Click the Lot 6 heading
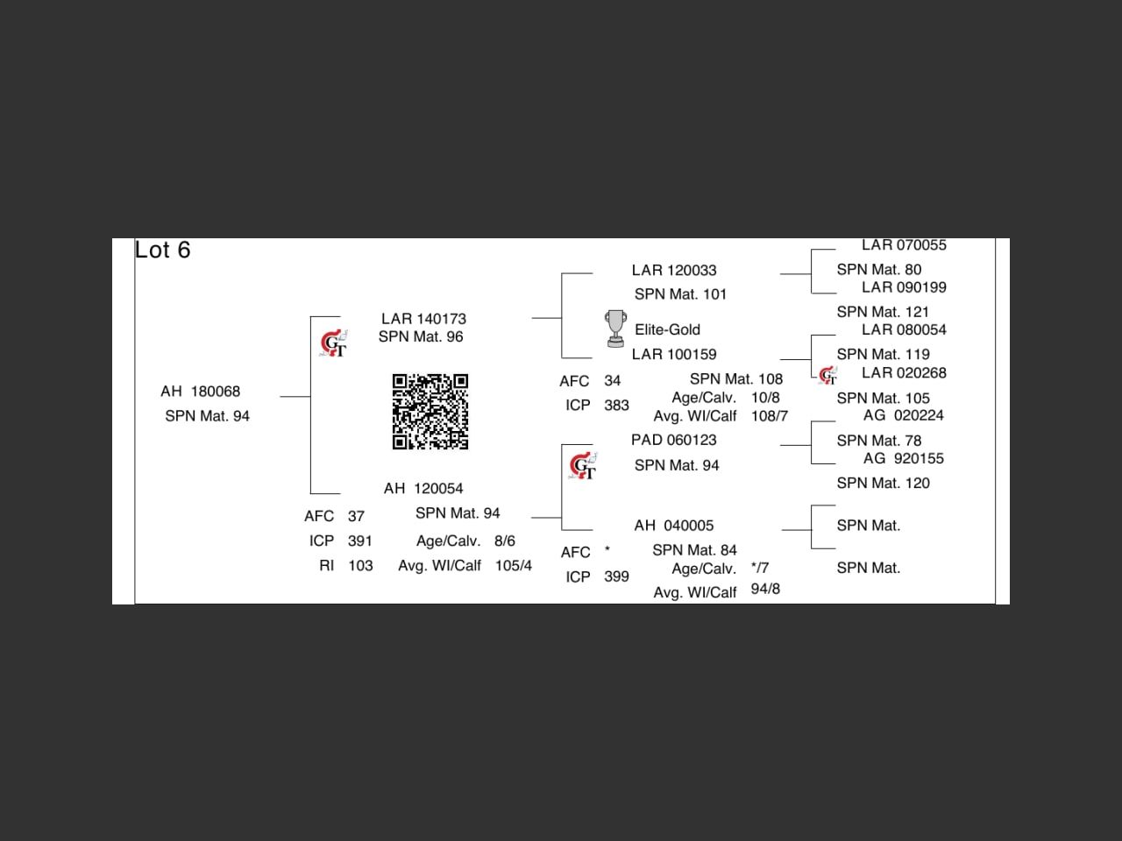(163, 251)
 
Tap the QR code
(430, 411)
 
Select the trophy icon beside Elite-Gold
(616, 329)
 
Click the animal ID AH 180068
(200, 392)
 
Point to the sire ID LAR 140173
(423, 319)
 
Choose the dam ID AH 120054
(423, 489)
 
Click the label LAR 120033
(674, 271)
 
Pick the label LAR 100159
(674, 355)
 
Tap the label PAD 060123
(674, 441)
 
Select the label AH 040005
(674, 526)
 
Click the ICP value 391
(360, 541)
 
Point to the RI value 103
(360, 566)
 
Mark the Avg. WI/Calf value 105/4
(514, 566)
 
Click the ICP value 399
(616, 577)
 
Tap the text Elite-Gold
(668, 330)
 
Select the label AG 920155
(903, 459)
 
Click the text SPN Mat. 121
(883, 312)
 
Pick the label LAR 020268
(904, 373)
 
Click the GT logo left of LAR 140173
(333, 343)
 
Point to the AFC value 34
(612, 381)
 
